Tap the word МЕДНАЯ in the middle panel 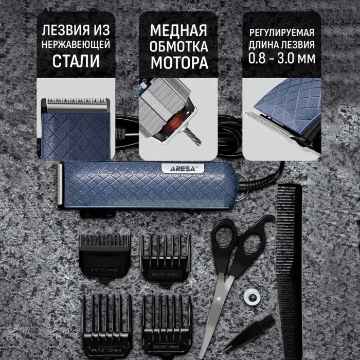[x=179, y=30]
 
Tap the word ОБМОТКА [x=179, y=47]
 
